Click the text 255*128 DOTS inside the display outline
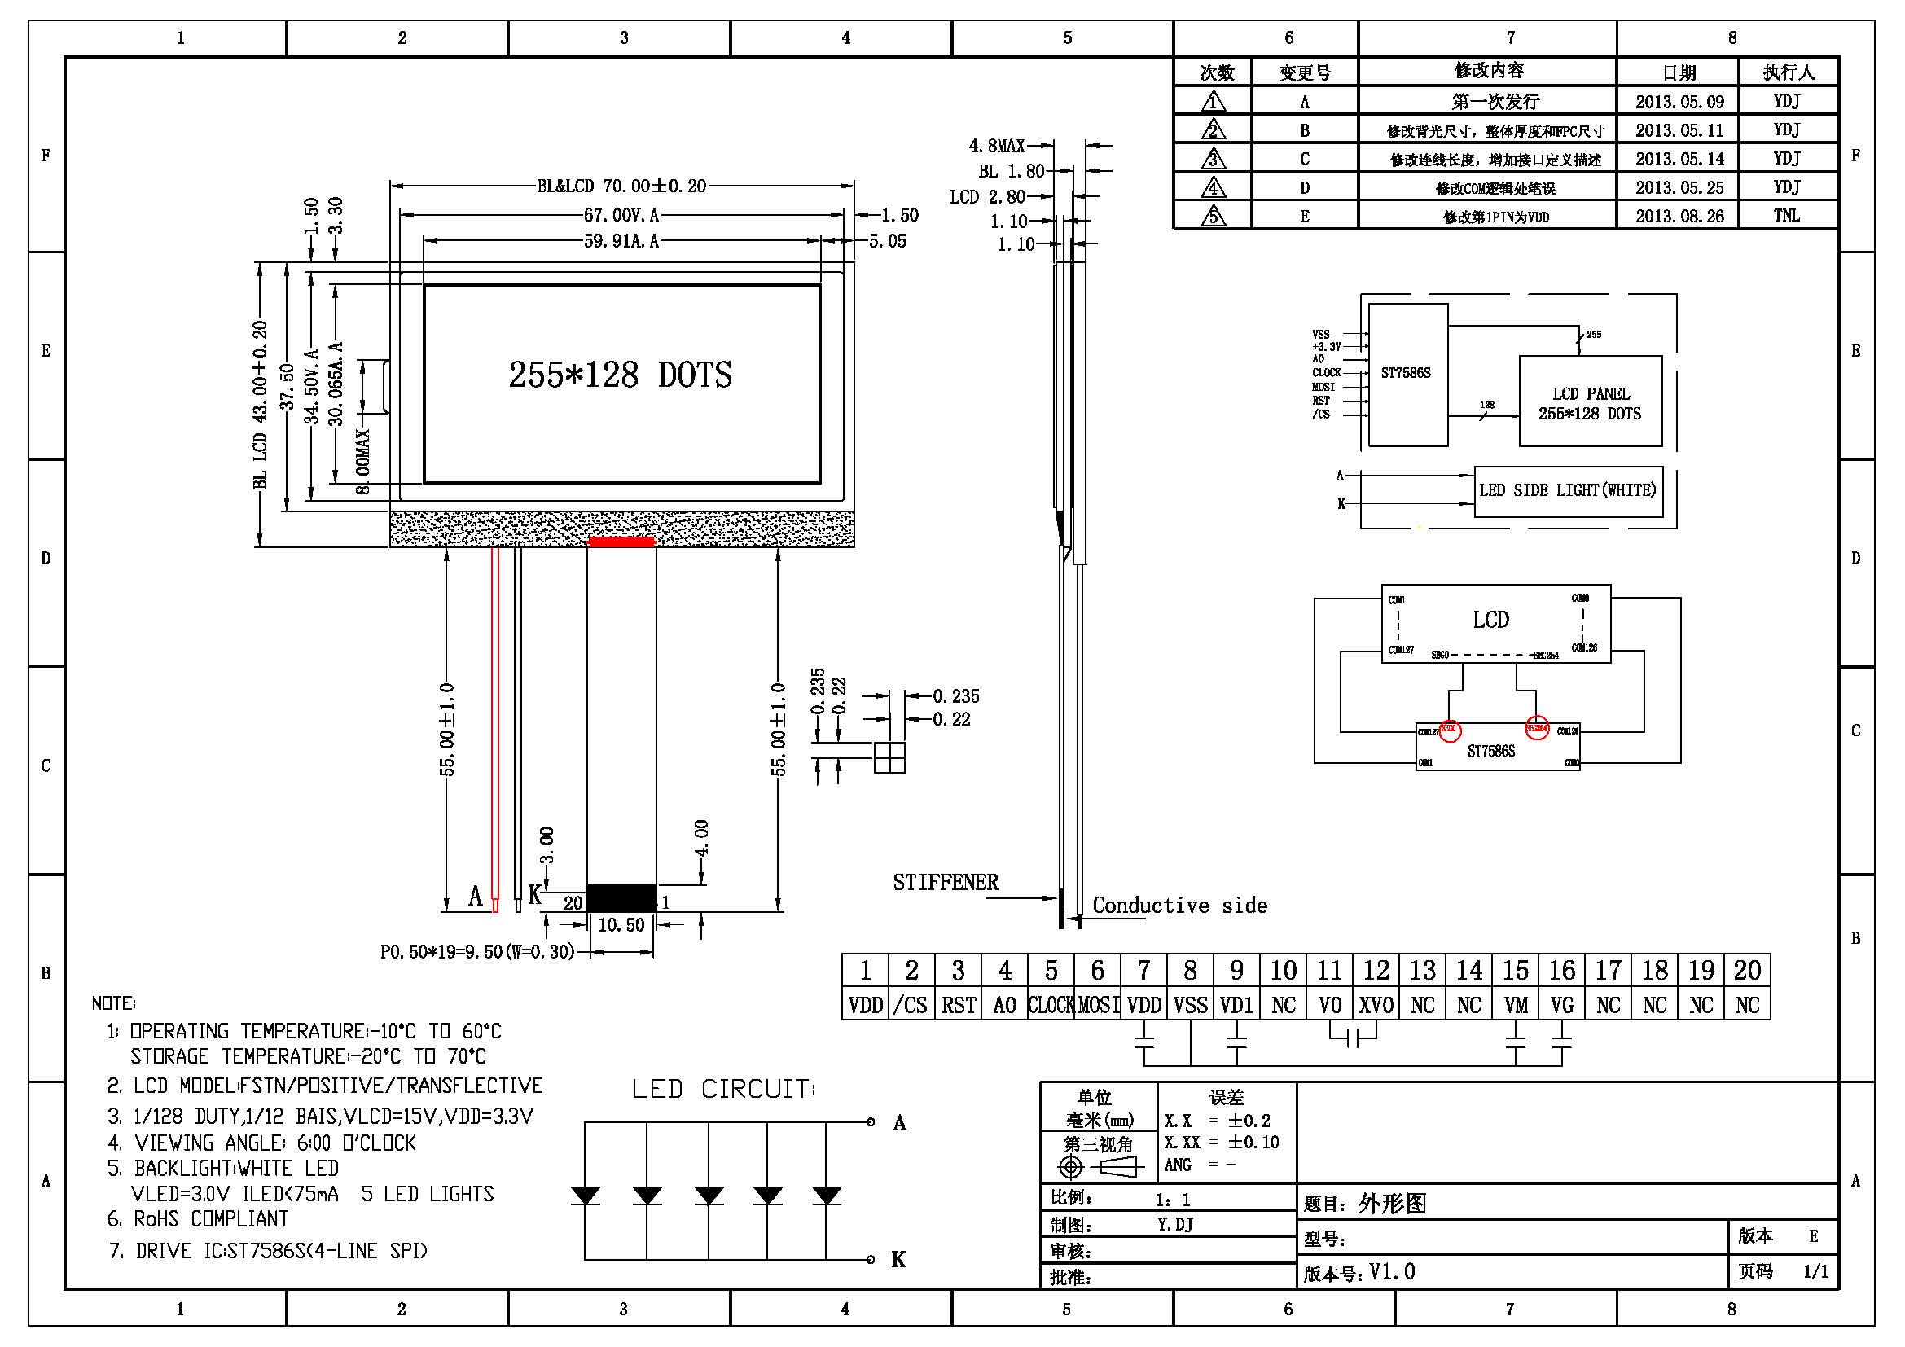pyautogui.click(x=620, y=375)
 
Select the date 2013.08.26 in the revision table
pyautogui.click(x=1679, y=217)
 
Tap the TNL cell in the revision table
pyautogui.click(x=1786, y=216)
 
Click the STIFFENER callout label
pyautogui.click(x=945, y=883)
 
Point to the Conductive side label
pyautogui.click(x=1179, y=905)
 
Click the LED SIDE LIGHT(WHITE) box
pyautogui.click(x=1567, y=491)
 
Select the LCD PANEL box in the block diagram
pyautogui.click(x=1590, y=402)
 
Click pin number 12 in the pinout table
pyautogui.click(x=1376, y=971)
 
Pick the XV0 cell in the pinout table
pyautogui.click(x=1376, y=1005)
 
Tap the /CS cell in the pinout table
pyautogui.click(x=911, y=1005)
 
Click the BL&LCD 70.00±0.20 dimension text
pyautogui.click(x=621, y=186)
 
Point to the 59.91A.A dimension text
pyautogui.click(x=621, y=241)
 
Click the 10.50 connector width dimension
pyautogui.click(x=621, y=925)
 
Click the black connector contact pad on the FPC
pyautogui.click(x=621, y=897)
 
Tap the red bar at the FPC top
pyautogui.click(x=621, y=542)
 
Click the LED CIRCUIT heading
pyautogui.click(x=722, y=1089)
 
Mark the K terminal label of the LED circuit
pyautogui.click(x=898, y=1259)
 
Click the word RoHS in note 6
pyautogui.click(x=156, y=1218)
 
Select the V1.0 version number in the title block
pyautogui.click(x=1392, y=1271)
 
